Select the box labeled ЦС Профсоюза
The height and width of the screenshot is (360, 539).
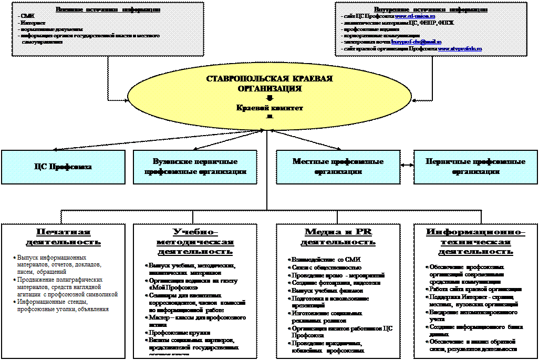tap(63, 167)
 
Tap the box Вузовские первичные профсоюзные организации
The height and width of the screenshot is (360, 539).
tap(195, 167)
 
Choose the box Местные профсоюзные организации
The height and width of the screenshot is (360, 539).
tap(338, 167)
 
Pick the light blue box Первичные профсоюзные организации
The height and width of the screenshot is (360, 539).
tap(475, 167)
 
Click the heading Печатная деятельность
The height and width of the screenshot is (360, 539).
tap(64, 237)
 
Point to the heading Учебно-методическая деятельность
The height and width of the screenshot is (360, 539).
tap(195, 242)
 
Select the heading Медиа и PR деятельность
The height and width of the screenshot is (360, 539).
tap(338, 237)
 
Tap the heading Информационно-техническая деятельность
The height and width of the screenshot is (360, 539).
tap(475, 242)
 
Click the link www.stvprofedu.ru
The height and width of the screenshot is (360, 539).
tap(460, 48)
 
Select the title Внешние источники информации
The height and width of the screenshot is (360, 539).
tap(108, 10)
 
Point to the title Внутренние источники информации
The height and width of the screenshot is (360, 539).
tap(430, 10)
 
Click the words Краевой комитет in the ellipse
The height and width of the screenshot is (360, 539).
tap(269, 108)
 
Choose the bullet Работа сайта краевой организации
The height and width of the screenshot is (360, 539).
tap(475, 289)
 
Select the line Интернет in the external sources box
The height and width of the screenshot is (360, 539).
tap(34, 23)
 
